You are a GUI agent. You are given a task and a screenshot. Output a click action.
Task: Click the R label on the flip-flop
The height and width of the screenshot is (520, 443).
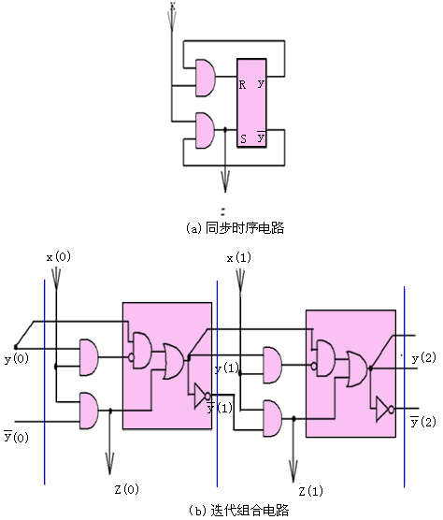coord(242,85)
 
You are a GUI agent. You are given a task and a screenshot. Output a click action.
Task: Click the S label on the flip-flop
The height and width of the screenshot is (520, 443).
coord(243,138)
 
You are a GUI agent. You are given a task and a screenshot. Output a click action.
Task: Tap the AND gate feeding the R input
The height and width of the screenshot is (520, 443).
coord(206,78)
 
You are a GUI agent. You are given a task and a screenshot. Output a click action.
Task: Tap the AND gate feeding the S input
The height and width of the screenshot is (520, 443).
coord(205,130)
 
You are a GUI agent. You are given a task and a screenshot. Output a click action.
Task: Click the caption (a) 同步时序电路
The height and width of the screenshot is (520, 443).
coord(235,228)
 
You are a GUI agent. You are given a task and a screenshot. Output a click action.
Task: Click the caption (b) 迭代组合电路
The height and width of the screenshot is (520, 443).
coord(238,510)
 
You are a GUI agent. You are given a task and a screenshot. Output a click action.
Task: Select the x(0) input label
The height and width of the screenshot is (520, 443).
coord(59,256)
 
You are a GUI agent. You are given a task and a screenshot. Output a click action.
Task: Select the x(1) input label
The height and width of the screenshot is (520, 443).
coord(239,258)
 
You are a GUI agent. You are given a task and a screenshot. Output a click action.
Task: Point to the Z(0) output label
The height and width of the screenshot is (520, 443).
coord(127,489)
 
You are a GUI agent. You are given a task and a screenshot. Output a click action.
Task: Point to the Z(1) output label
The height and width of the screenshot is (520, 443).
coord(311,491)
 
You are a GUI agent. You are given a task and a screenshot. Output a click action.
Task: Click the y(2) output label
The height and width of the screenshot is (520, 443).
coord(423,358)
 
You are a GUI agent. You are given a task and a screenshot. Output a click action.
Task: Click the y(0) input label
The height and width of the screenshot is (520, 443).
coord(17,359)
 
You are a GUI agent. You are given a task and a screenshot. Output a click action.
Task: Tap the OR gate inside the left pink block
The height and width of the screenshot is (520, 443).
coord(173,362)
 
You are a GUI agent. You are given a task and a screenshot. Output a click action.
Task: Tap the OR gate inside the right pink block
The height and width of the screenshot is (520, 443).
coord(357,369)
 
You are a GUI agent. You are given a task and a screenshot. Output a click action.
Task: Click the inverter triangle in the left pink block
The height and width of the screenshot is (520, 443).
coord(200,396)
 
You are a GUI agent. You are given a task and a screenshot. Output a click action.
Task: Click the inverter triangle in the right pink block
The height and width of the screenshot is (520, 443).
coord(382,410)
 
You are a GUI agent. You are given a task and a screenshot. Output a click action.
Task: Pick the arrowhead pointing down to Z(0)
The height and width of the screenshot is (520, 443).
coord(109,463)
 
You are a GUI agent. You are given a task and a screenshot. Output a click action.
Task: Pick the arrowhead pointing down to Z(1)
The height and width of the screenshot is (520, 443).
coord(293,471)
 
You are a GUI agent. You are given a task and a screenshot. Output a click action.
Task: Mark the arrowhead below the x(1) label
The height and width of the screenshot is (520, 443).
coord(240,281)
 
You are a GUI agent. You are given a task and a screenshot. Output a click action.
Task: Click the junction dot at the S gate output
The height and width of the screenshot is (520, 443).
coord(225,130)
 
